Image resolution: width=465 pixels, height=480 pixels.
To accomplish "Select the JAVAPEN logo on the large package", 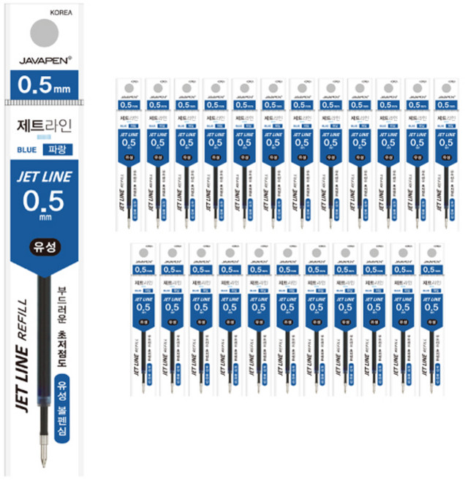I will (x=45, y=61).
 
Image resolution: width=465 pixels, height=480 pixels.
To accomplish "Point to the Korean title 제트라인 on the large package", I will (x=45, y=125).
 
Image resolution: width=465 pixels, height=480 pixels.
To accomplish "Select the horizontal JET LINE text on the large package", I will (x=45, y=178).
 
